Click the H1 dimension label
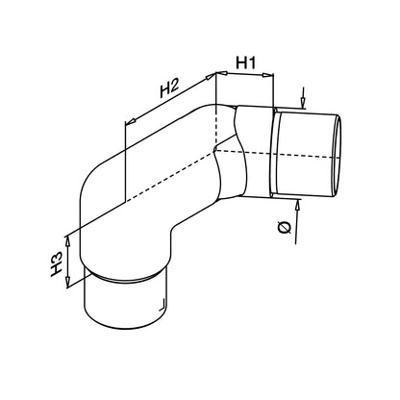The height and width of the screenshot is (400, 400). [x=246, y=62]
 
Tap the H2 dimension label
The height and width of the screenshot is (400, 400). [x=169, y=88]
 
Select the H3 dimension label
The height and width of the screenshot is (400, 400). [x=56, y=263]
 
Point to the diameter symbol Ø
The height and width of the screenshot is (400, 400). [x=284, y=227]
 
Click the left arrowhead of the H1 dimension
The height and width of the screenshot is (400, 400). [x=222, y=73]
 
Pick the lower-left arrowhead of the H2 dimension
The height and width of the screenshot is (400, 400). [x=130, y=121]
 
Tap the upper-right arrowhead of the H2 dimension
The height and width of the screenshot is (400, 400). [x=211, y=77]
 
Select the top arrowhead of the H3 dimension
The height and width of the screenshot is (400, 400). [x=67, y=242]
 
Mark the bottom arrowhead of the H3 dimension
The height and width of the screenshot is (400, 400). [x=67, y=282]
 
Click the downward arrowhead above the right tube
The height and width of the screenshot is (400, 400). [x=303, y=103]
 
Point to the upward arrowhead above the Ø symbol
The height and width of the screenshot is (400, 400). [x=298, y=204]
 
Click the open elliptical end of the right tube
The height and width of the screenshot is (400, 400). [x=337, y=157]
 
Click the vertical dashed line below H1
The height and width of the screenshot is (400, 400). [x=216, y=126]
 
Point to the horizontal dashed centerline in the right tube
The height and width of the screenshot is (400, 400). [x=277, y=154]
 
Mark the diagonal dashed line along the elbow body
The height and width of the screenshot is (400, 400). [x=170, y=176]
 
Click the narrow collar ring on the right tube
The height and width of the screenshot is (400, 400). [x=274, y=153]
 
